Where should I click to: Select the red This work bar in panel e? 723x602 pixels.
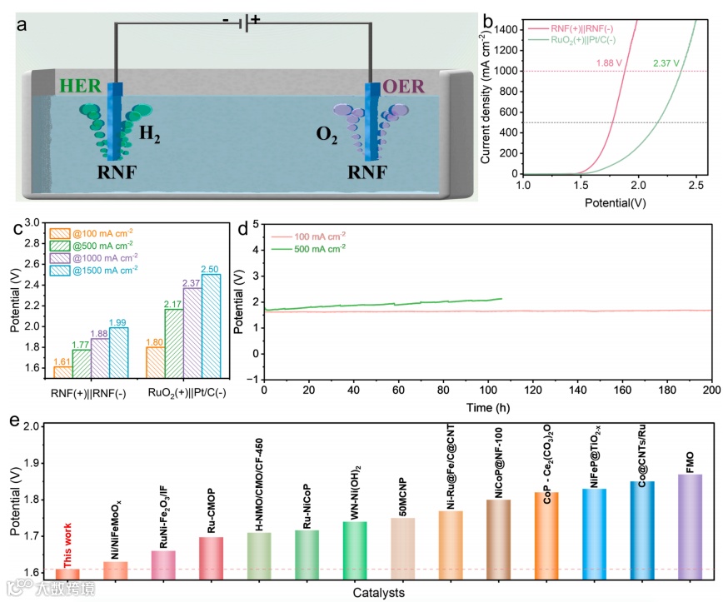68,573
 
